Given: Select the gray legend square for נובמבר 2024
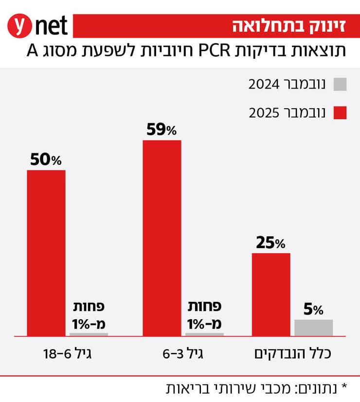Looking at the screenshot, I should pos(340,84).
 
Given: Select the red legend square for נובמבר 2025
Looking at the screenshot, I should pos(340,113).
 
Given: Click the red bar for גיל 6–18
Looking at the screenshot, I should pos(46,253).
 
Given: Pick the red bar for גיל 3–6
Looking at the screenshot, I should pos(162,238).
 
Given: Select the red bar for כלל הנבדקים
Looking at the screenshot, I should pos(271,294).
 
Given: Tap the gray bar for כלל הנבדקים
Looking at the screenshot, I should pos(314,328).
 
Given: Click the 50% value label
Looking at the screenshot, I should pos(46,160).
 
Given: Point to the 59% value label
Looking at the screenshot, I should pos(162,130).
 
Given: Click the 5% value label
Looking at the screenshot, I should pos(314,309).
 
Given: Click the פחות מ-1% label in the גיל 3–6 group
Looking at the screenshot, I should pos(205,315).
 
